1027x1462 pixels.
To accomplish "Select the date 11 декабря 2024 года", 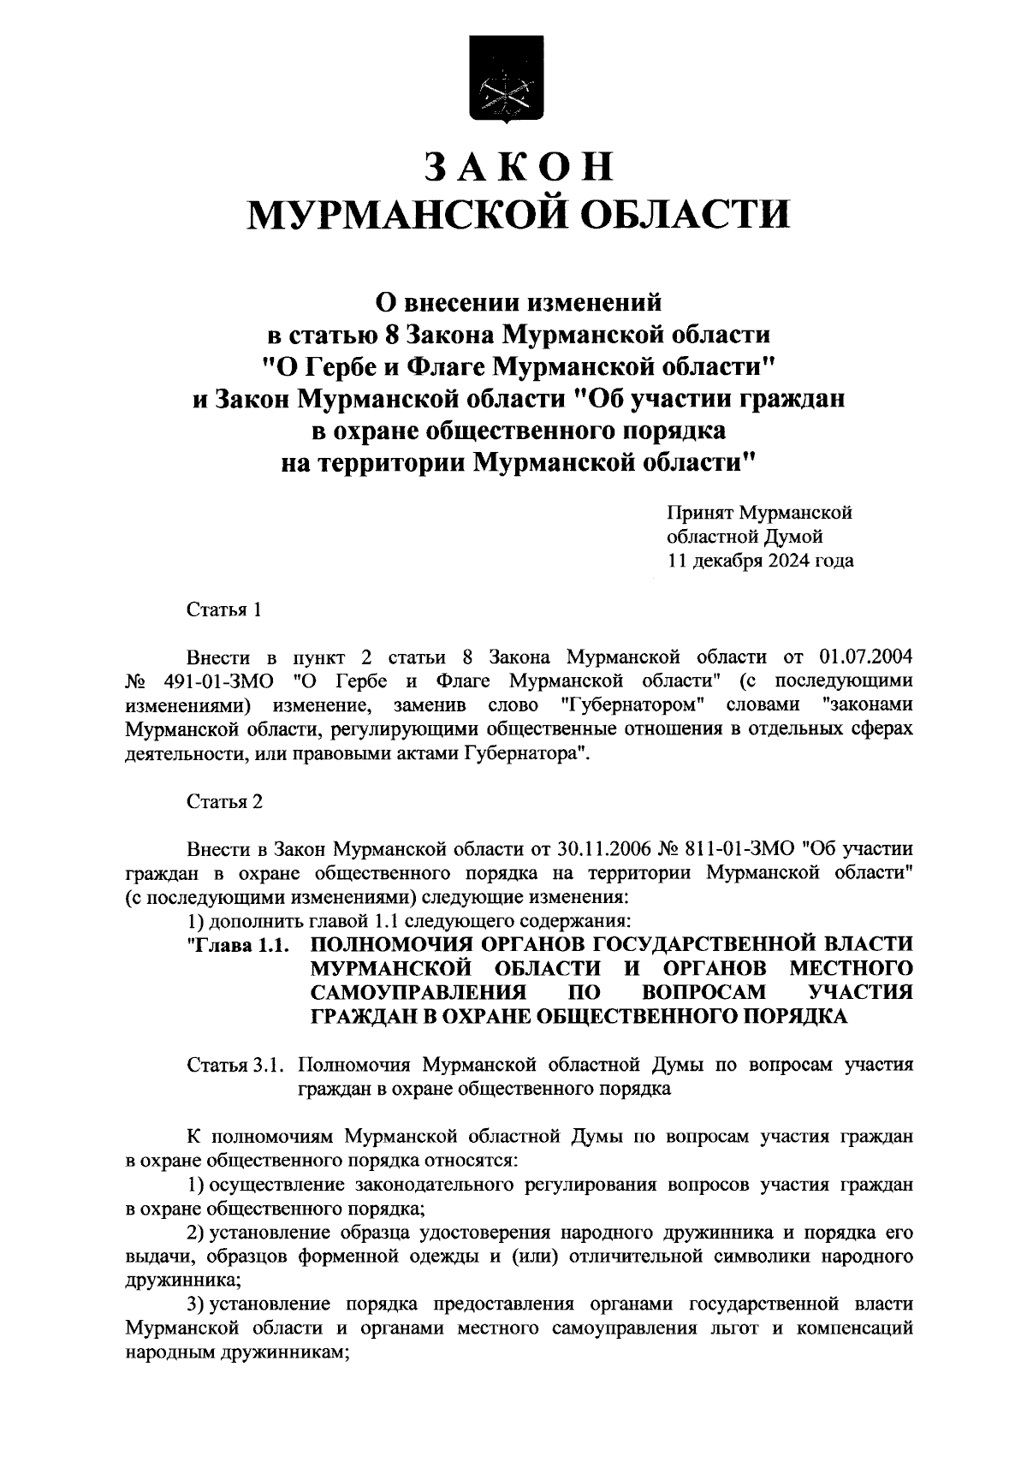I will coord(760,562).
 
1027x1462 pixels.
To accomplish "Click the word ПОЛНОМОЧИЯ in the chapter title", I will coord(414,945).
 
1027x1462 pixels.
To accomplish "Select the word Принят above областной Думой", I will coord(699,514).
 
